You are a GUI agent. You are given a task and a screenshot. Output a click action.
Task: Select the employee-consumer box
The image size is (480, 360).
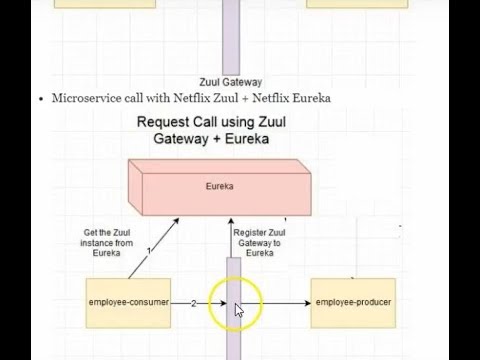click(129, 301)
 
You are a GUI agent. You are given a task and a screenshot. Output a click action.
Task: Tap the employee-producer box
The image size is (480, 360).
click(351, 301)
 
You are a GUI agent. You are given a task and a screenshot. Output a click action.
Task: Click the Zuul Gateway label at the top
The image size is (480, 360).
click(233, 83)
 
